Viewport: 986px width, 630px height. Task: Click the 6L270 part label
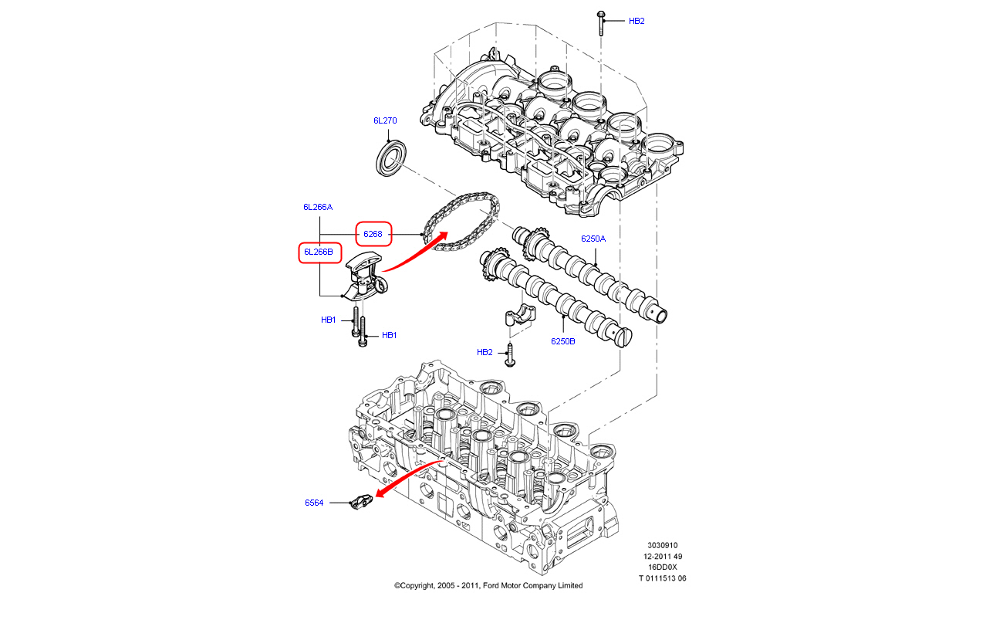[x=385, y=120]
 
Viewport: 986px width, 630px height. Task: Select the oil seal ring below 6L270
[x=391, y=158]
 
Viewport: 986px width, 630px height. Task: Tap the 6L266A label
[x=318, y=207]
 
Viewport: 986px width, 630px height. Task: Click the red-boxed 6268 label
[x=373, y=234]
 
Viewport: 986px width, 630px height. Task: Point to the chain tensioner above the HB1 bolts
[x=366, y=276]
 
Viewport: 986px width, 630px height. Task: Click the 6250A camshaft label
[x=593, y=239]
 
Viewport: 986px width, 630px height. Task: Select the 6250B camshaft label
[x=563, y=341]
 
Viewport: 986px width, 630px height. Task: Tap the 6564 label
[x=314, y=503]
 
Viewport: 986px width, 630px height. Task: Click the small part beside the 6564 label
[x=361, y=503]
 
